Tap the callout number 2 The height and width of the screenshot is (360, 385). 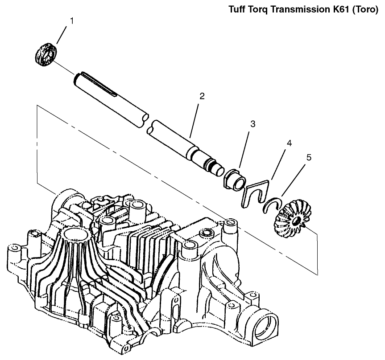[x=202, y=96]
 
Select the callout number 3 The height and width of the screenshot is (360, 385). [x=253, y=124]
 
